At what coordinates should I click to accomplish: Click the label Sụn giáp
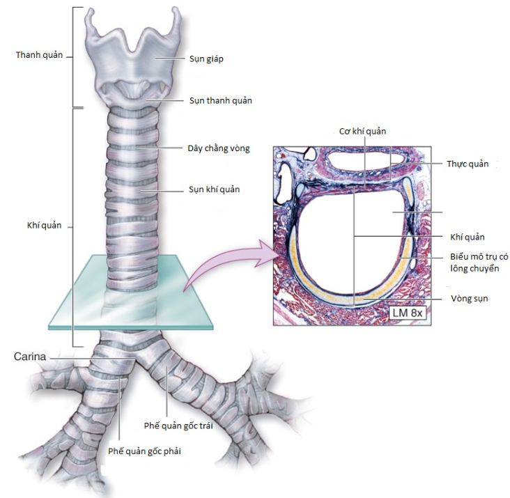point(206,59)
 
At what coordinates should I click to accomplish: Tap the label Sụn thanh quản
point(220,101)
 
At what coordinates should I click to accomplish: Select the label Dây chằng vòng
point(218,148)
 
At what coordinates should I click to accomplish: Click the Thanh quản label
point(36,54)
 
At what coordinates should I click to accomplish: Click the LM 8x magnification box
point(408,313)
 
